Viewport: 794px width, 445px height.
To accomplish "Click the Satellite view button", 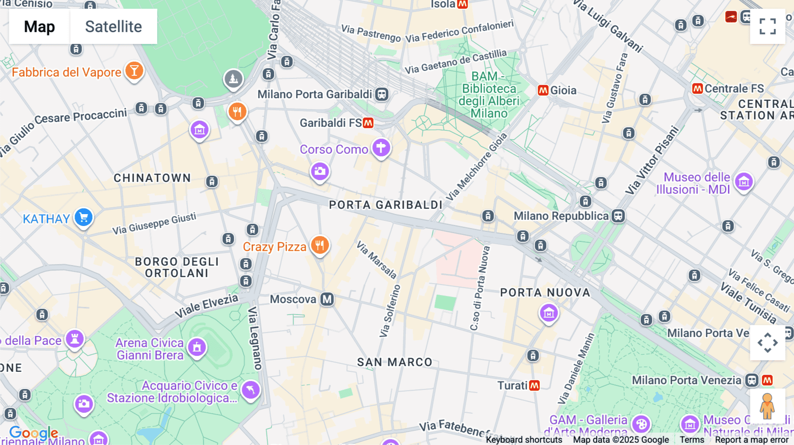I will point(113,26).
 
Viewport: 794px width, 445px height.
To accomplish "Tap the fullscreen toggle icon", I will point(768,26).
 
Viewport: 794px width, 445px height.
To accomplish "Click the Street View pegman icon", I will point(767,406).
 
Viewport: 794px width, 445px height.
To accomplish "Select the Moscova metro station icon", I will point(327,299).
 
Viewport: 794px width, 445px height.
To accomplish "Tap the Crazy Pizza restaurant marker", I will point(320,245).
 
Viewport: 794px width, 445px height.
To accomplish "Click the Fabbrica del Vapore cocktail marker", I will point(134,70).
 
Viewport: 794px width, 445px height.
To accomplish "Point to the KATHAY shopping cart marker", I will point(83,217).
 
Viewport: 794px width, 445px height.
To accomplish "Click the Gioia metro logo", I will point(543,90).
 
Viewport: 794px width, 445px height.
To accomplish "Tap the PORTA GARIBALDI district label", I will point(386,205).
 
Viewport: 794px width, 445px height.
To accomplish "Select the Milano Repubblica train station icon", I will point(618,216).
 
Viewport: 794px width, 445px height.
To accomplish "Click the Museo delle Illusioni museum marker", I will point(744,182).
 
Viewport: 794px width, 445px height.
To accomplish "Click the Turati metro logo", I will point(534,386).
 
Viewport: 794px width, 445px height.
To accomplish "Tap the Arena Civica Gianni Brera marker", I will point(197,347).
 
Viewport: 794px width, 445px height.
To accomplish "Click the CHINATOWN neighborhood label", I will point(152,178).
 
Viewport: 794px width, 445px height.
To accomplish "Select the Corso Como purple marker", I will point(381,148).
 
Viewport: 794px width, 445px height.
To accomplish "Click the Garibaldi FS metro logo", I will point(368,123).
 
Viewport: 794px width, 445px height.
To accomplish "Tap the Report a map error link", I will point(751,440).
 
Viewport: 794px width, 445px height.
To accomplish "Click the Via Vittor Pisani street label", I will point(652,160).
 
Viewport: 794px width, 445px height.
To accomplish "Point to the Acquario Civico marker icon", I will point(251,390).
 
